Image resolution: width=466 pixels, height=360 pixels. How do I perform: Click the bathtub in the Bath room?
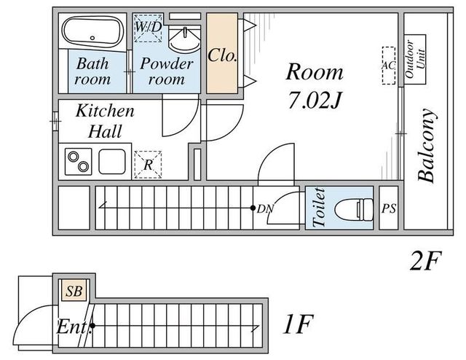pos(92,31)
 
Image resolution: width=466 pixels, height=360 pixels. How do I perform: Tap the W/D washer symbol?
pos(148,28)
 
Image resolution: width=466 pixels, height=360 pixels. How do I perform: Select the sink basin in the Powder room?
pos(184,39)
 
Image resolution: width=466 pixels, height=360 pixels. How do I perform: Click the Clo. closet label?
pos(222,55)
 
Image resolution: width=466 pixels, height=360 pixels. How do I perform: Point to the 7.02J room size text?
pos(315,101)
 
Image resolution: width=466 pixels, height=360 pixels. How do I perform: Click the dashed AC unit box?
pos(389,66)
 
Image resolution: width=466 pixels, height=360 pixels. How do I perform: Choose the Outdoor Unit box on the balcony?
pos(415,59)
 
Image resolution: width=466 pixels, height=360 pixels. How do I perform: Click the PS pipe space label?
pos(389,208)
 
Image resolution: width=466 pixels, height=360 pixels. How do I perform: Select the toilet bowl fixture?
pos(354,209)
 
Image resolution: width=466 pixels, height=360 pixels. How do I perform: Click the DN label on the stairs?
pos(265,209)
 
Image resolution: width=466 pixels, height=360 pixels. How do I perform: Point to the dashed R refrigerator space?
pos(148,165)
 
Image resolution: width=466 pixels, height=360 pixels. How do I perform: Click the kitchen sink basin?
pos(112,161)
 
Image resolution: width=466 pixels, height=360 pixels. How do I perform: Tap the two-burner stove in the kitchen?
pos(78,161)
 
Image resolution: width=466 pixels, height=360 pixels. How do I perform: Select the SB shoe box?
pos(74,291)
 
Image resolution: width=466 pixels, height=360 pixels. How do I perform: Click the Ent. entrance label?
pos(72,327)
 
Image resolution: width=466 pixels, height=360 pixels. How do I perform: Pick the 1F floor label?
pos(298,324)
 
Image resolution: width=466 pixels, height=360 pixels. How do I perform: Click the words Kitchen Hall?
pos(105,121)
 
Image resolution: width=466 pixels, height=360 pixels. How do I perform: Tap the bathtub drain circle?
pos(92,38)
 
